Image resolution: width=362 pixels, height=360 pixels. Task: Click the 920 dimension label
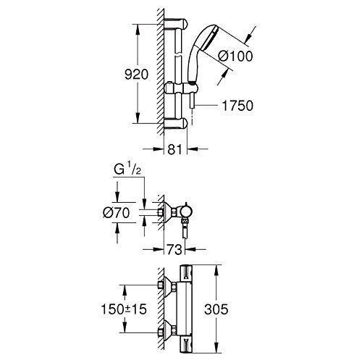(x=136, y=74)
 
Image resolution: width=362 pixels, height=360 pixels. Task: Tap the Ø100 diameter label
(x=235, y=56)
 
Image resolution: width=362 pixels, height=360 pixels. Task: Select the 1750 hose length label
(x=237, y=106)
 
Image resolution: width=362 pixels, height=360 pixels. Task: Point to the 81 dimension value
(x=174, y=149)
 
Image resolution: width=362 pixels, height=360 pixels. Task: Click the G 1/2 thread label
(x=127, y=170)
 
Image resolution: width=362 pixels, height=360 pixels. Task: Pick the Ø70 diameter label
(x=116, y=213)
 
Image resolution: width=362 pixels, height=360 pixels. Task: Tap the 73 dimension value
(x=174, y=249)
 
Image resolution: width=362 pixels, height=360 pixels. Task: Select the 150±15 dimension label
(x=124, y=309)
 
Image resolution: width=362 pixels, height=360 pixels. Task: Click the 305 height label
(x=216, y=309)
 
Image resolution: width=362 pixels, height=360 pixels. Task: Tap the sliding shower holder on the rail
(x=181, y=88)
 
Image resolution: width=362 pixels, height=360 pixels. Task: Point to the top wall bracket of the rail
(x=175, y=24)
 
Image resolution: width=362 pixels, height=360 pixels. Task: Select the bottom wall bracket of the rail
(x=175, y=123)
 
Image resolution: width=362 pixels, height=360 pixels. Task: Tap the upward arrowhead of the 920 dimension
(x=138, y=30)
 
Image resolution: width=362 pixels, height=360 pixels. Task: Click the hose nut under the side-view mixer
(x=185, y=221)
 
